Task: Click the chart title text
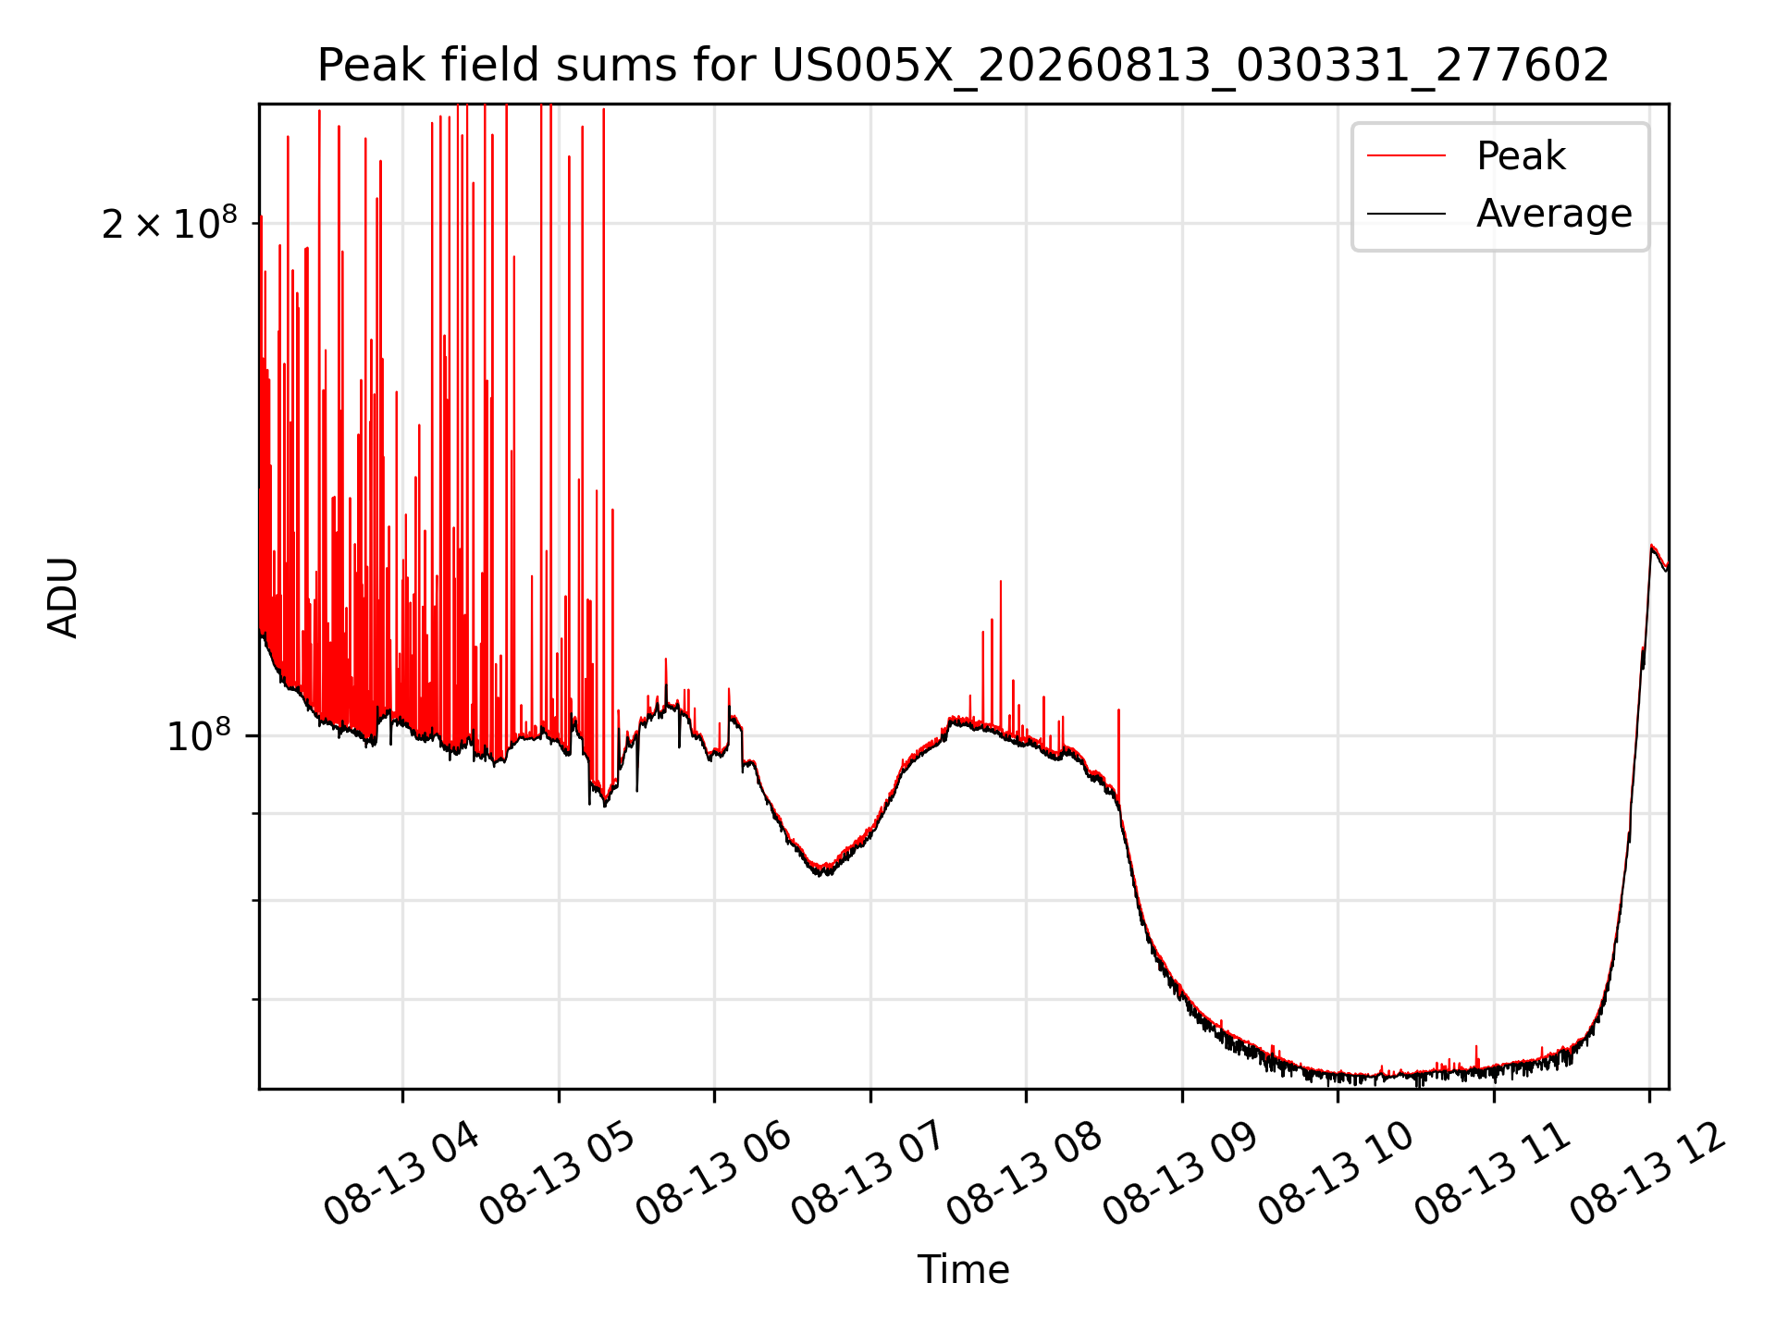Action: coord(963,66)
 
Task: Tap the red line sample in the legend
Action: coord(1406,155)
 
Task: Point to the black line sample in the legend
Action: coord(1406,214)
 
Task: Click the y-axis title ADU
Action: coord(63,597)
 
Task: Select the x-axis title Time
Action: coord(963,1269)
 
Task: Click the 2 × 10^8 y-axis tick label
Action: coord(169,223)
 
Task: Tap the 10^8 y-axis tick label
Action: coord(199,736)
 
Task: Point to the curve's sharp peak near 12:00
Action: coord(1651,546)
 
